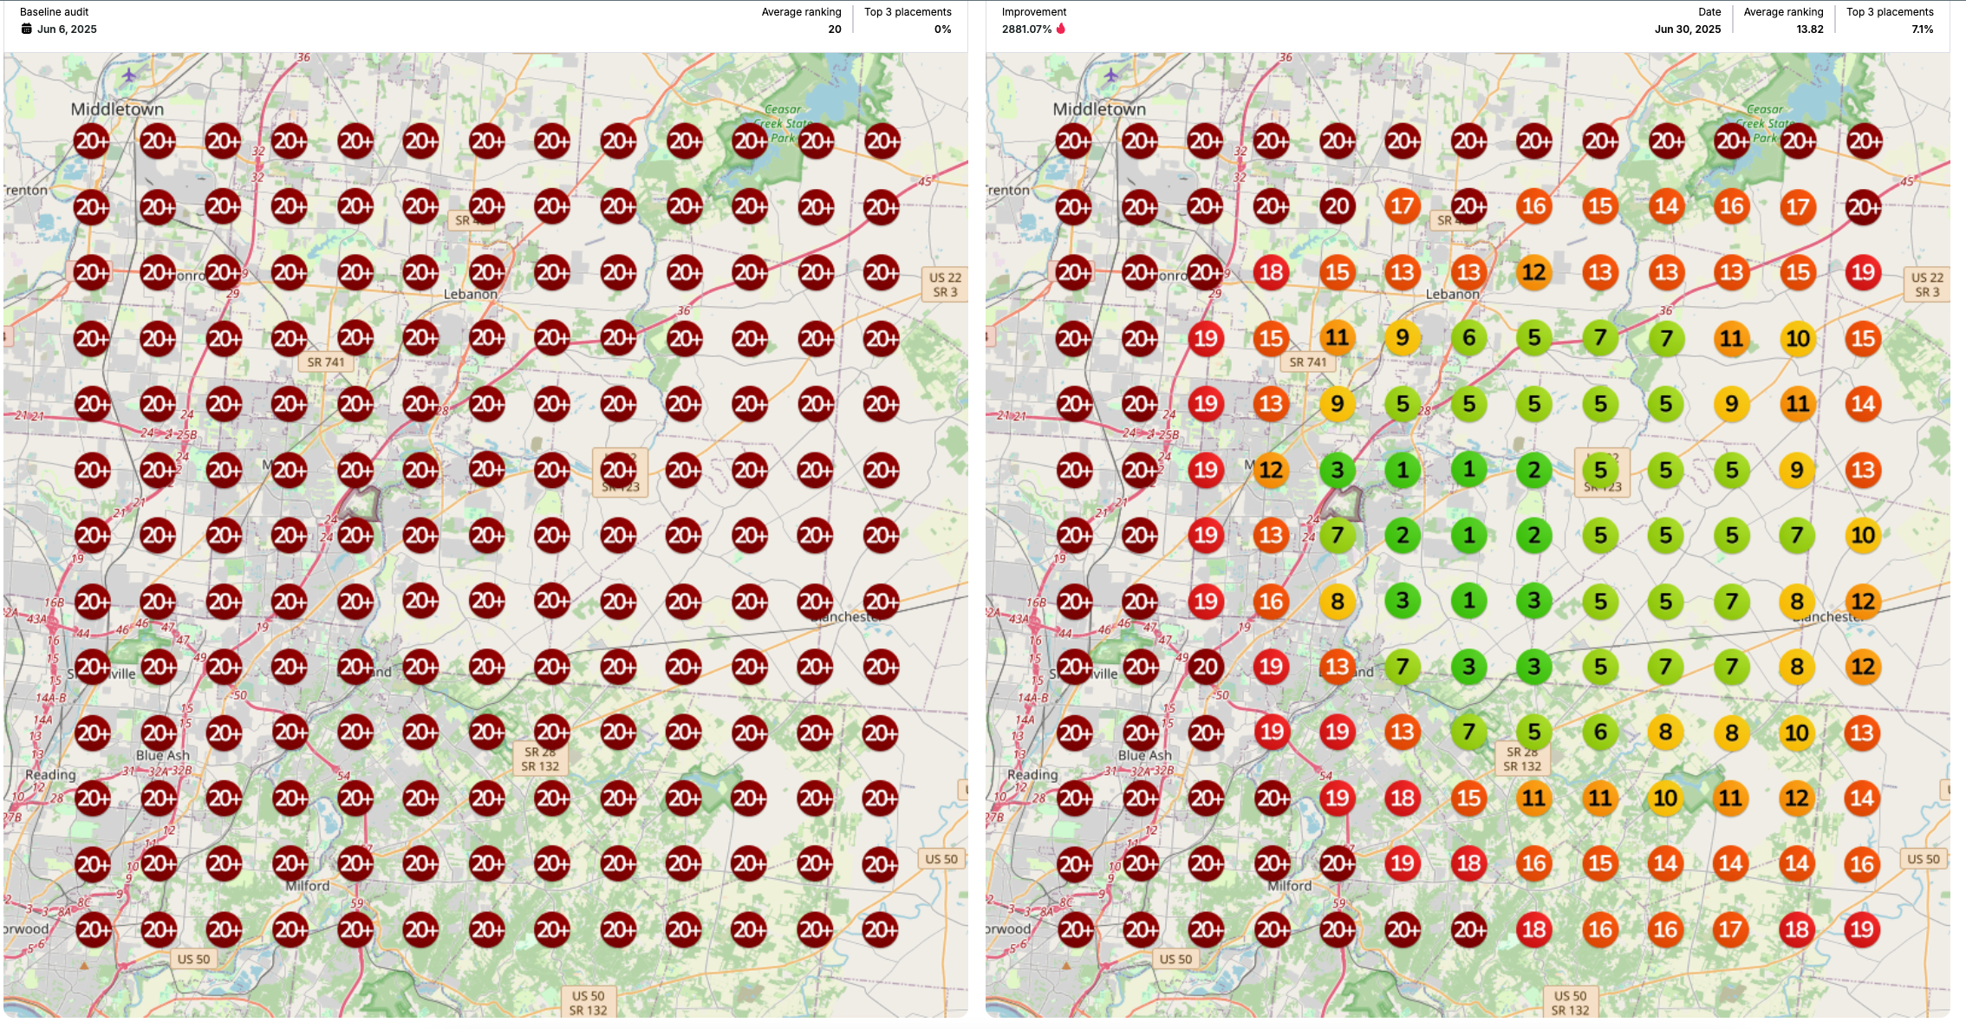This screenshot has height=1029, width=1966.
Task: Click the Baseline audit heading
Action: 54,12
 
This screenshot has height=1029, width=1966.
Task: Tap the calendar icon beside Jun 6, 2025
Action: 27,29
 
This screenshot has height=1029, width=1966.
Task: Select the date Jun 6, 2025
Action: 67,29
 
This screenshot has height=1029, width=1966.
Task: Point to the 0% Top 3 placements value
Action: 942,29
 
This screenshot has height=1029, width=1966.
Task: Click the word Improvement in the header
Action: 1033,12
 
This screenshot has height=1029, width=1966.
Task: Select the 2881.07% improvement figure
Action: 1026,29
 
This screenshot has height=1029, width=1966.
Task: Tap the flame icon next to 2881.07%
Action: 1061,29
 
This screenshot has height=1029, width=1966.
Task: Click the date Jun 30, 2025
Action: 1687,29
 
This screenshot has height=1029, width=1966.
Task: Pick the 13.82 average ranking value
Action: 1809,29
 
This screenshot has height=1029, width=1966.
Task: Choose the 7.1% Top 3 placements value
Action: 1922,29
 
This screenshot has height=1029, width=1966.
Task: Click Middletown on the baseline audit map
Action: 117,109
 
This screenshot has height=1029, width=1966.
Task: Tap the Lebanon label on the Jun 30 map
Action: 1452,294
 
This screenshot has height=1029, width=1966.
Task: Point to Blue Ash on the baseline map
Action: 162,755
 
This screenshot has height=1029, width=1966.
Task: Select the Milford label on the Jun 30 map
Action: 1289,886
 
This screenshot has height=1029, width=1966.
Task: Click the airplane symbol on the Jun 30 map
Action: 1111,75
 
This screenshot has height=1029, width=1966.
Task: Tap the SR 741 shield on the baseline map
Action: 326,362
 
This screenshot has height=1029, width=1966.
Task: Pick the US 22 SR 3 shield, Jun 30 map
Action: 1928,284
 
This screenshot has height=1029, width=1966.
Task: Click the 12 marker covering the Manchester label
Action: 1863,601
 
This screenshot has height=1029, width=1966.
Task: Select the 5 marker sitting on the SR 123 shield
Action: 1600,470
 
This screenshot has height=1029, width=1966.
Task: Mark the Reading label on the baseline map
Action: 50,774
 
